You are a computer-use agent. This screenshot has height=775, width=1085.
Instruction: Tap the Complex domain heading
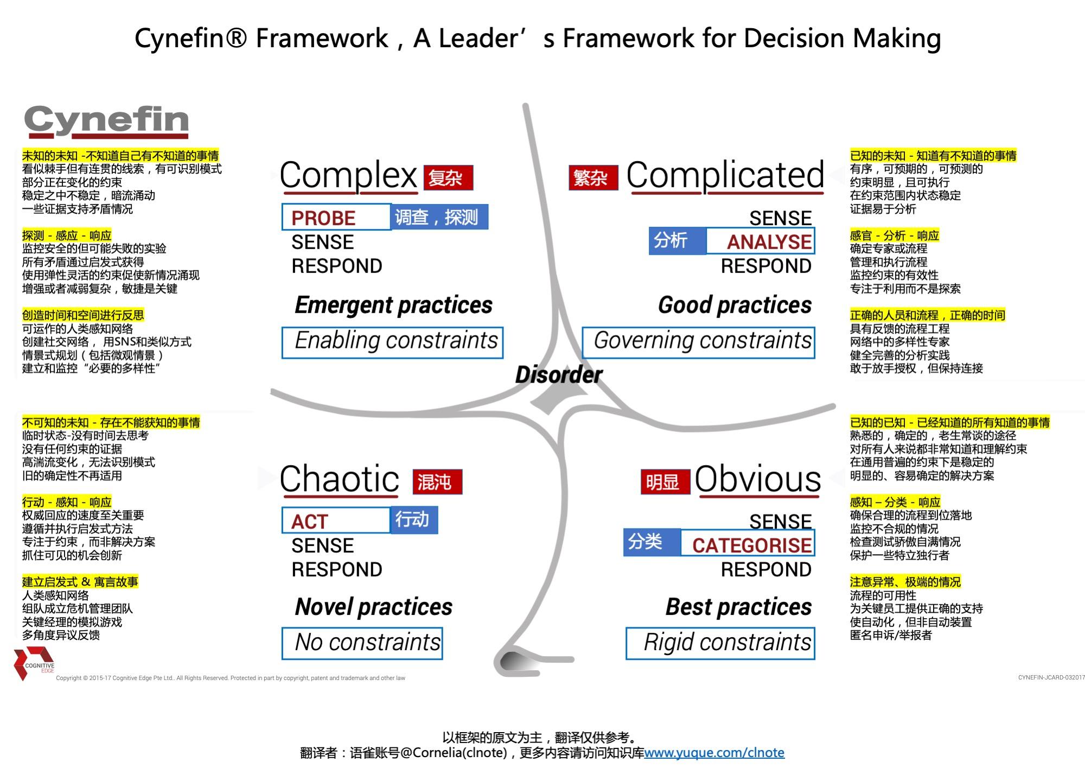click(348, 175)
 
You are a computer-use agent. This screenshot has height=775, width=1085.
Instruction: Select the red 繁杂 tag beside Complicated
click(593, 178)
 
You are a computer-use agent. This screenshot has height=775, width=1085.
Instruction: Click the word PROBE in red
click(323, 218)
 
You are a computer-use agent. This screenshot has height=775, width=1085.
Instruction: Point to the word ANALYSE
click(769, 242)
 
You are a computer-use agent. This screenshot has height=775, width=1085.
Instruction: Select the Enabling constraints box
click(393, 342)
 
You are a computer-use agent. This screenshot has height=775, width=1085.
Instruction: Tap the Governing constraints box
click(699, 342)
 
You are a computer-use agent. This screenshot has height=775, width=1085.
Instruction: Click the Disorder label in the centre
click(559, 374)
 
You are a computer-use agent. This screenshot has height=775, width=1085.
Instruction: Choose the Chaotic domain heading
click(340, 479)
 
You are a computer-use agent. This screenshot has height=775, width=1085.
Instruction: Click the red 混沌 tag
click(437, 482)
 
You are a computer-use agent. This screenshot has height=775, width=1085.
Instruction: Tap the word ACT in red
click(310, 522)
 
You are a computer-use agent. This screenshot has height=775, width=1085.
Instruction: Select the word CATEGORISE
click(751, 545)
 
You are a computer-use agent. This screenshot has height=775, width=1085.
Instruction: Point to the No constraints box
click(362, 643)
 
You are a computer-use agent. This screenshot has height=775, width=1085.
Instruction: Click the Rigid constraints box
click(720, 643)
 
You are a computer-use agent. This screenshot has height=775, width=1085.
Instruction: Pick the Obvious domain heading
click(757, 479)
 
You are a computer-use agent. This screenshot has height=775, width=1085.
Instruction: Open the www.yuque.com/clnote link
click(714, 753)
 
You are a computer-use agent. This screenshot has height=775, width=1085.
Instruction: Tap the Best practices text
click(738, 607)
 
